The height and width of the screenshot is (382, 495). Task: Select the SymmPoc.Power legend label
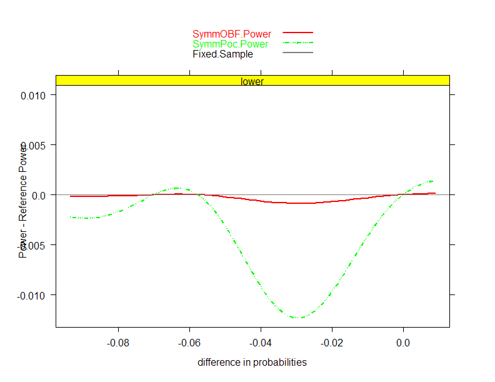[230, 44]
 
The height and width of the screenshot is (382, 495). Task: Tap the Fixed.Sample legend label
[222, 54]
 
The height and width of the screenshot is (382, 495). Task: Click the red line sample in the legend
[297, 32]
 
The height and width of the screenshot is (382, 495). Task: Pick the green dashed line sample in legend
[297, 43]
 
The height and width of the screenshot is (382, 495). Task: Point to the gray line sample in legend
[297, 53]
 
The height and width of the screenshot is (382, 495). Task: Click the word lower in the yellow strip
[252, 81]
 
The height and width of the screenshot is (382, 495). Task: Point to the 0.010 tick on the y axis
[35, 95]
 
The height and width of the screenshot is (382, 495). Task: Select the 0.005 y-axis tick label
[35, 145]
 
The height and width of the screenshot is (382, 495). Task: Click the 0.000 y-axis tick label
[35, 195]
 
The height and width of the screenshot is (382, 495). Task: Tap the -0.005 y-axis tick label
[34, 245]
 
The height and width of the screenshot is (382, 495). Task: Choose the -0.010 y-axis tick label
[34, 294]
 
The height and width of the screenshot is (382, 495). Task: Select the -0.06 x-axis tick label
[189, 342]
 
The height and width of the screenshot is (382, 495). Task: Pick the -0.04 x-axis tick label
[261, 342]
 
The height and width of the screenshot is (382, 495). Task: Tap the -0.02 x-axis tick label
[332, 342]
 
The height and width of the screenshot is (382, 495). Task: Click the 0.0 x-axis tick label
[403, 342]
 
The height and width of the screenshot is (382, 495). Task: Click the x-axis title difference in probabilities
[252, 363]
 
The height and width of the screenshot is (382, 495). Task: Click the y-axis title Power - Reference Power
[23, 201]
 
